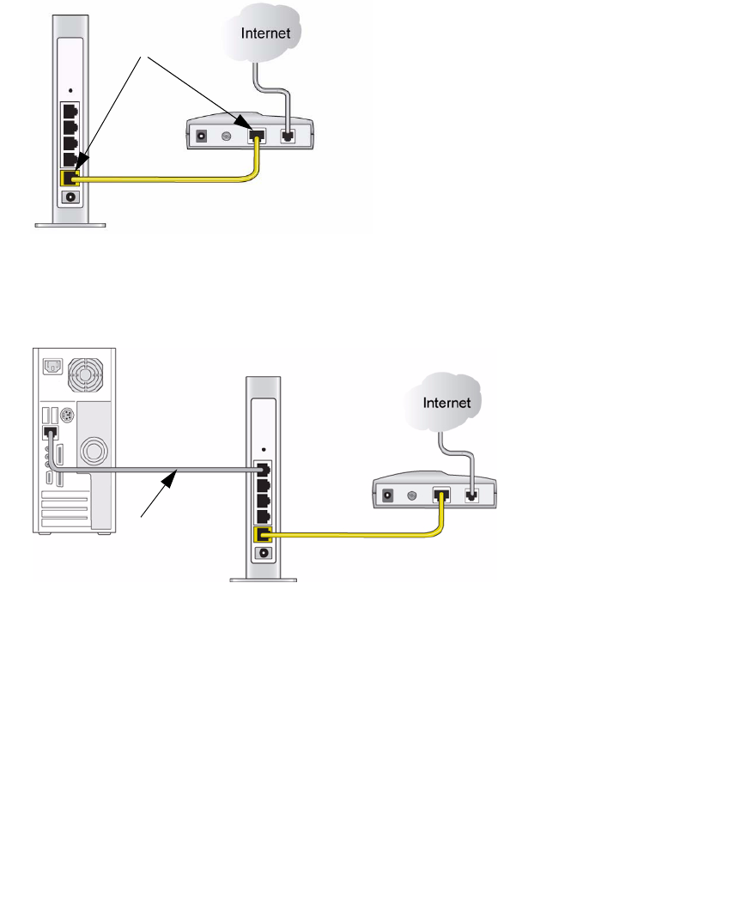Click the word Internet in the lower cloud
coord(446,402)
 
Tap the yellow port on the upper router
coord(70,178)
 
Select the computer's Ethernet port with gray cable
coord(49,435)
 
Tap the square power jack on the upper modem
coord(203,135)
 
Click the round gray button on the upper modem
coord(228,135)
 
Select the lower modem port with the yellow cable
coord(442,495)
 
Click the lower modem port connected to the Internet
coord(471,495)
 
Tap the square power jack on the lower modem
coord(388,495)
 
